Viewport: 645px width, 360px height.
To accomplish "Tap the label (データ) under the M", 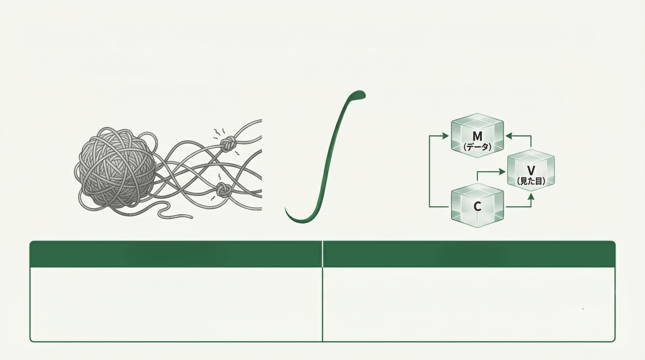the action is [x=477, y=148].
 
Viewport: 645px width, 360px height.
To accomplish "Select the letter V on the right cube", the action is [x=531, y=171].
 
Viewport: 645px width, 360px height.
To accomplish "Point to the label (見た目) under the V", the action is [x=531, y=181].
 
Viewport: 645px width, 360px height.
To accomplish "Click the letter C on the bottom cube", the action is [x=477, y=207].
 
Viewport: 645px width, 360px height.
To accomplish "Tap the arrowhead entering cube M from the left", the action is [x=445, y=135].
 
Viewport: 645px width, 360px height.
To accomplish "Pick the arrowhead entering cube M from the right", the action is [x=509, y=135].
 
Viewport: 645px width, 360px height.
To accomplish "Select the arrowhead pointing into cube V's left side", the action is [x=502, y=172].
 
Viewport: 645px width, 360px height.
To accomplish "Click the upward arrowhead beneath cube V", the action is [x=531, y=197].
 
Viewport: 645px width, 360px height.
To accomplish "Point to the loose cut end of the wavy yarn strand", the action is [x=191, y=216].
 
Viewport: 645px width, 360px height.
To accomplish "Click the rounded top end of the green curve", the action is [x=360, y=94].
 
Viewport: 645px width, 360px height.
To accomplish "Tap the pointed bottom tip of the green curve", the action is [x=285, y=209].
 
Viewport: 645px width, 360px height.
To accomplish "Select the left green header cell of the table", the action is [x=176, y=254].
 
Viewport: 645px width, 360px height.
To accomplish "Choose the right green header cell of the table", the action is [x=469, y=254].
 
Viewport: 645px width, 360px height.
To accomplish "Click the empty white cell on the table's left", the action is [x=176, y=304].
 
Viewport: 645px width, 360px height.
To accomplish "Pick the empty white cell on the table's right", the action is [x=469, y=304].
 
